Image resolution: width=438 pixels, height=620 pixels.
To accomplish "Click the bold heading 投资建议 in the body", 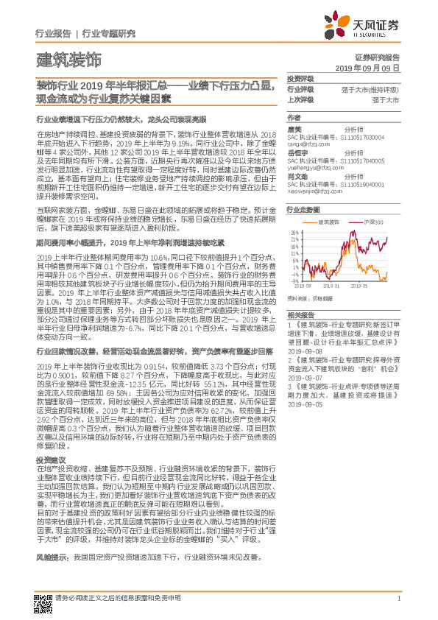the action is tap(49, 459).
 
